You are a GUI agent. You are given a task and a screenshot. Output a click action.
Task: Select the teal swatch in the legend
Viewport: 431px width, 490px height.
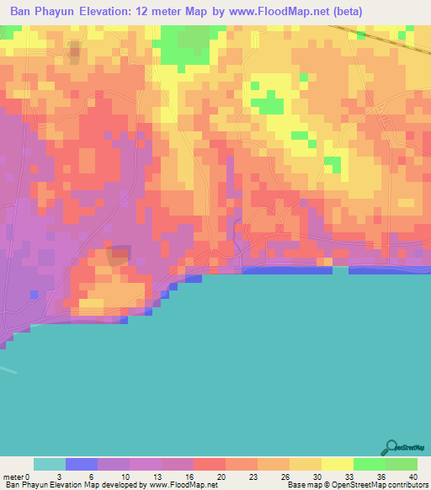(50, 464)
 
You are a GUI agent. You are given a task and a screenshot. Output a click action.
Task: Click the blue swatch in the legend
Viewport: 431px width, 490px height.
(82, 464)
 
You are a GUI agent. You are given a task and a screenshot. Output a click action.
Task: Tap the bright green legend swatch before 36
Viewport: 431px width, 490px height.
(370, 464)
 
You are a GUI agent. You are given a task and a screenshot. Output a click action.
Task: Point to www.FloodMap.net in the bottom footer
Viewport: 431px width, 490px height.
(183, 485)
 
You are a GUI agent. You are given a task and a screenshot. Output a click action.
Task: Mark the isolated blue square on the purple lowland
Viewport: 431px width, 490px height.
(35, 294)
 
